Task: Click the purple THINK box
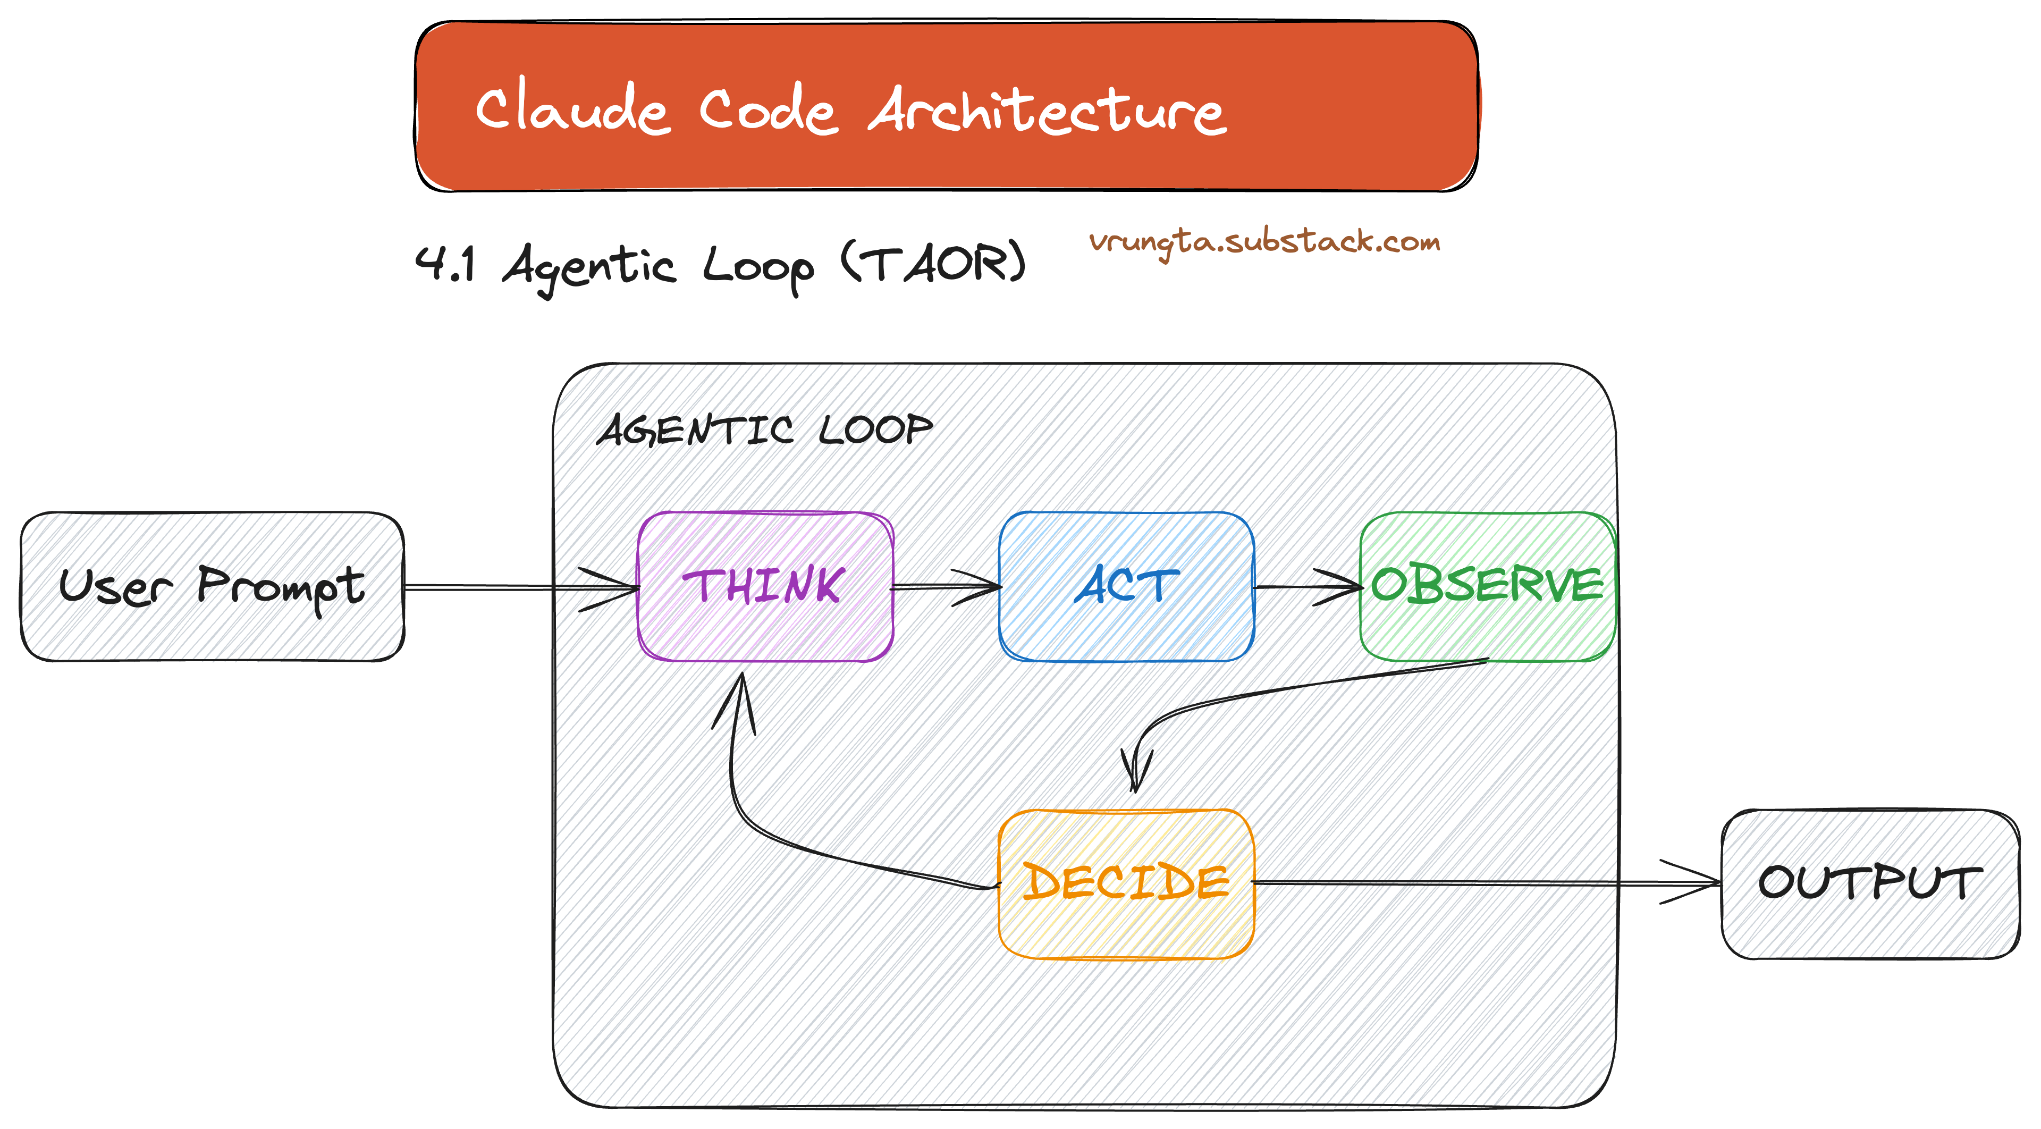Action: tap(765, 586)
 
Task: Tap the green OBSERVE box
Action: tap(1487, 586)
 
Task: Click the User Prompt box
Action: tap(212, 586)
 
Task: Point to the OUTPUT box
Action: tap(1869, 883)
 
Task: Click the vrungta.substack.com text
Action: tap(1264, 242)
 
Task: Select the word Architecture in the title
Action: tap(1048, 111)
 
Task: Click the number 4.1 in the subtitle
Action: tap(446, 263)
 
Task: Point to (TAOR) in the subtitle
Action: tap(933, 263)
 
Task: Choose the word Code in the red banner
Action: tap(767, 111)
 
